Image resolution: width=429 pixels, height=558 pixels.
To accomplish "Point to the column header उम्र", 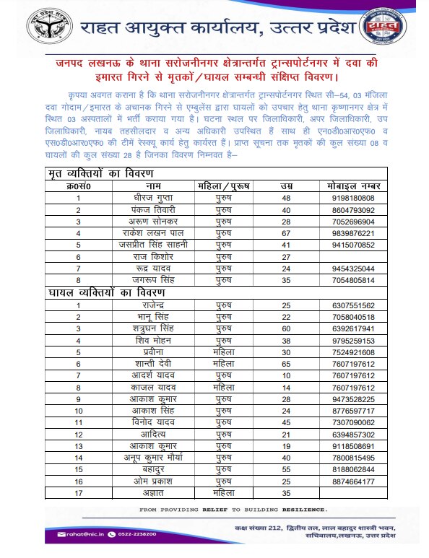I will coord(285,186).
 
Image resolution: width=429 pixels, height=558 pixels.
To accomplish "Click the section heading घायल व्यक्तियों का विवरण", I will coord(106,292).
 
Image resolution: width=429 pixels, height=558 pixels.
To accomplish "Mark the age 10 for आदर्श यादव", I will coord(285,375).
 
